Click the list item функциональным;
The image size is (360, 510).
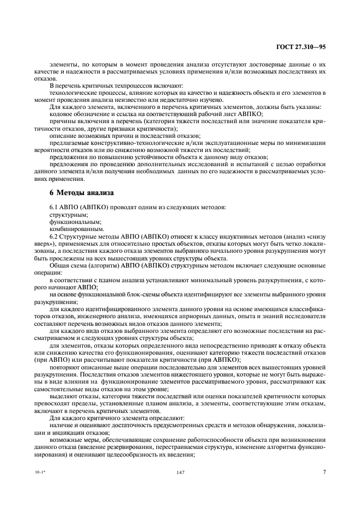click(x=68, y=223)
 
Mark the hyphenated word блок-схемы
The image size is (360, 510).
click(x=144, y=295)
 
